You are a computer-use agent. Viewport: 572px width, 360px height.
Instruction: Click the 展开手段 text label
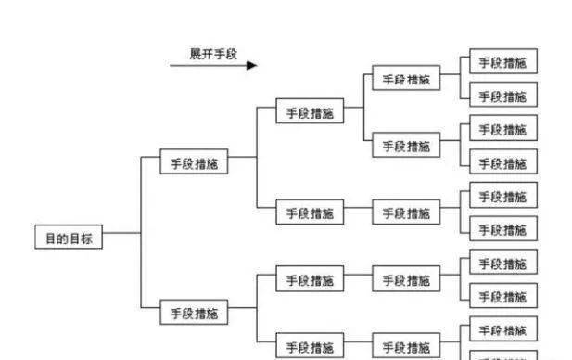click(213, 54)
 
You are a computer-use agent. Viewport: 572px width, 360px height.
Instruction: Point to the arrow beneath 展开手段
click(213, 66)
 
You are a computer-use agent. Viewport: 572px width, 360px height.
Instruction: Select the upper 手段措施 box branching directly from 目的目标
click(194, 163)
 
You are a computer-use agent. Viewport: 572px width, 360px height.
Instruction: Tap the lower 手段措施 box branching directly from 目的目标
click(194, 314)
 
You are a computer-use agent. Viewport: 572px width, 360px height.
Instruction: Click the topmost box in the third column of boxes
click(310, 113)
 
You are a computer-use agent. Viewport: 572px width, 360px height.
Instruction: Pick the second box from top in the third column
click(310, 213)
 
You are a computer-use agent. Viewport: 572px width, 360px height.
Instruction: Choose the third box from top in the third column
click(310, 280)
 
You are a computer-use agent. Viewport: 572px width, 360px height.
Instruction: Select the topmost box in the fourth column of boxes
click(406, 80)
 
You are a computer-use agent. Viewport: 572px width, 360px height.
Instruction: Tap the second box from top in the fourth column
click(406, 147)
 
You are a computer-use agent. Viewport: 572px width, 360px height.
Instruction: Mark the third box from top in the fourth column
click(406, 213)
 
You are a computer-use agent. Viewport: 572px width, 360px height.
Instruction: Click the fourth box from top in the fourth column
click(406, 280)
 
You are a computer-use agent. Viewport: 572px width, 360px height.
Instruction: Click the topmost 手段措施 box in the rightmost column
click(502, 63)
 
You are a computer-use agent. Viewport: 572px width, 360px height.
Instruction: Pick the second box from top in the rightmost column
click(502, 96)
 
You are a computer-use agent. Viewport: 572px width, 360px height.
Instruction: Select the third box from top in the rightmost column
click(502, 130)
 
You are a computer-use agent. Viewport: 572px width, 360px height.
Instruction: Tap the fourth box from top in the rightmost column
click(502, 163)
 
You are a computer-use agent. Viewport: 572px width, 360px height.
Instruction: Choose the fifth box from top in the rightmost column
click(502, 197)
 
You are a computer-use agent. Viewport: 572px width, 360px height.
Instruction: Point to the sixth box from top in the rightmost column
click(502, 230)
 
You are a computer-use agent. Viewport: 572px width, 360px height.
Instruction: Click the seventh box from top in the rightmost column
click(502, 264)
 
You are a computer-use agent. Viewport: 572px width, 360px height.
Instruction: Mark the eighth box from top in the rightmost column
click(502, 297)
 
